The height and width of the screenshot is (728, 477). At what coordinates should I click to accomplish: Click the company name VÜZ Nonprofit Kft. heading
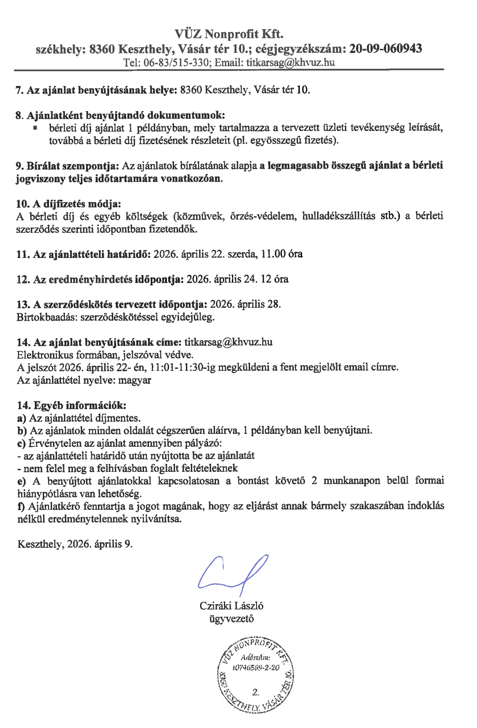click(x=229, y=34)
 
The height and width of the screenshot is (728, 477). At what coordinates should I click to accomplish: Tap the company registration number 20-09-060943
click(x=386, y=48)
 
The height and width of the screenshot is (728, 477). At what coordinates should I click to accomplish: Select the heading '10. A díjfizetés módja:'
click(x=68, y=204)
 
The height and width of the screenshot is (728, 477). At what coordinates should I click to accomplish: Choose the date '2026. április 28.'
click(x=246, y=304)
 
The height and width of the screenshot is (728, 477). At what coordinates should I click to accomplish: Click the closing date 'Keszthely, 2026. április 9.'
click(x=75, y=544)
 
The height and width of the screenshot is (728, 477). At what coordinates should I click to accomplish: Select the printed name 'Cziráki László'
click(x=231, y=606)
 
